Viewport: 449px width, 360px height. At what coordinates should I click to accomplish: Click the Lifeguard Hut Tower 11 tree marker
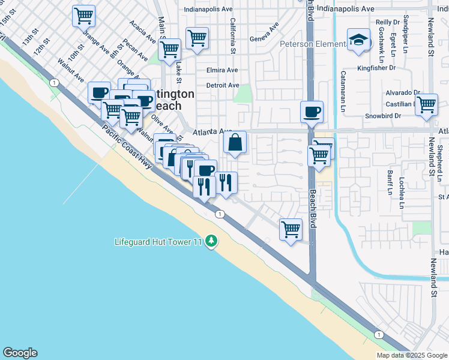pyautogui.click(x=211, y=241)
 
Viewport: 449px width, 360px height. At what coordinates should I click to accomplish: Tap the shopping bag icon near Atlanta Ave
pyautogui.click(x=235, y=143)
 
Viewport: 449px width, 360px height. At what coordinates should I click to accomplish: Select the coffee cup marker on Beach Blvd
pyautogui.click(x=312, y=112)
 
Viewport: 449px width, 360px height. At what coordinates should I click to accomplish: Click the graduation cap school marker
pyautogui.click(x=358, y=41)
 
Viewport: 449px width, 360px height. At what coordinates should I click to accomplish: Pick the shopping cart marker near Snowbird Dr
pyautogui.click(x=426, y=104)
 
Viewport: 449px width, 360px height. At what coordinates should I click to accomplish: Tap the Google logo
pyautogui.click(x=20, y=353)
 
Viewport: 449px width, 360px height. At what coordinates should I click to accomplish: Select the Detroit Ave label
pyautogui.click(x=223, y=85)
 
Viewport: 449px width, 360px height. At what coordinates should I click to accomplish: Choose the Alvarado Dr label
pyautogui.click(x=403, y=93)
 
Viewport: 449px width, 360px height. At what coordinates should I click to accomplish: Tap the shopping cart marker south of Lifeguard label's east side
pyautogui.click(x=291, y=229)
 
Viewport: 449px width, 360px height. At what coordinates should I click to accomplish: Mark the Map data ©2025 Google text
pyautogui.click(x=411, y=355)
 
